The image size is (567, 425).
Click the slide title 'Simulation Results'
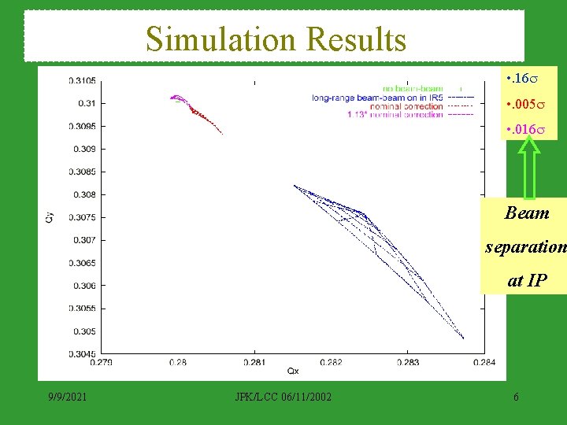coord(276,39)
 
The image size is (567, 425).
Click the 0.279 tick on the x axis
coord(101,362)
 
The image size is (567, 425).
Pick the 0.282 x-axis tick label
coord(332,362)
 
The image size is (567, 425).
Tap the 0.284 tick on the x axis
coord(484,362)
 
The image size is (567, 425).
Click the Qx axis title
coord(293,371)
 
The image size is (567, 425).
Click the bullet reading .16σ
coord(521,80)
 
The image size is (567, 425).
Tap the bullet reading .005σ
coord(524,104)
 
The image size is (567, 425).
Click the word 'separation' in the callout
coord(525,246)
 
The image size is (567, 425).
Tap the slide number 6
coord(515,396)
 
